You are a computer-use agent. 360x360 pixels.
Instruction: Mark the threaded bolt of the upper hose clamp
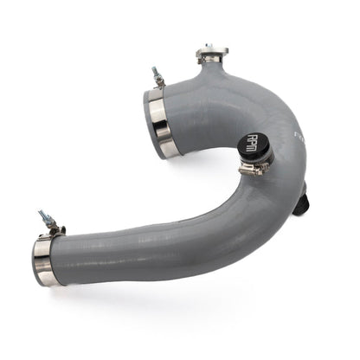point(157,75)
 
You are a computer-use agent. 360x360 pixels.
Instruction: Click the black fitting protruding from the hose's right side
point(300,206)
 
